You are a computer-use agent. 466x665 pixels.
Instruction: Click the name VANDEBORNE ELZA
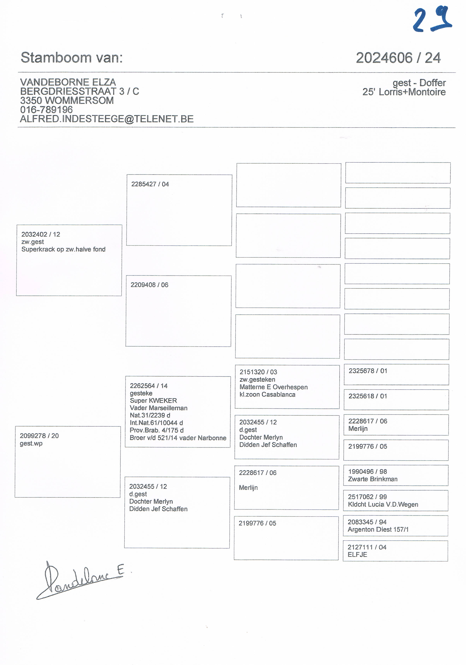point(68,82)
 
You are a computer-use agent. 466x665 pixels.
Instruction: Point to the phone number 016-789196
point(46,110)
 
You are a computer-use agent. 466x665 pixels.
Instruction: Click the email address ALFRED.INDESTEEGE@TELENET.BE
point(107,119)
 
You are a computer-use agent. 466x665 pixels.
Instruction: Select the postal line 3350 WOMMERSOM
point(67,100)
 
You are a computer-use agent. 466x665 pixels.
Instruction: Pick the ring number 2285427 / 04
point(150,184)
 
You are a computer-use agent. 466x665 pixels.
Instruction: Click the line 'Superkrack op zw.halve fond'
point(63,249)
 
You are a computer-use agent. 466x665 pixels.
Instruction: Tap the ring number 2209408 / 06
point(149,285)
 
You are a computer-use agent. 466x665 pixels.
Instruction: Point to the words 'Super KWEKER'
point(153,401)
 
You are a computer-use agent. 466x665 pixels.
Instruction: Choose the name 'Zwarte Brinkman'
point(373,479)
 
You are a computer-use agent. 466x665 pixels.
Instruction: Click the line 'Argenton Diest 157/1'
point(378,530)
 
